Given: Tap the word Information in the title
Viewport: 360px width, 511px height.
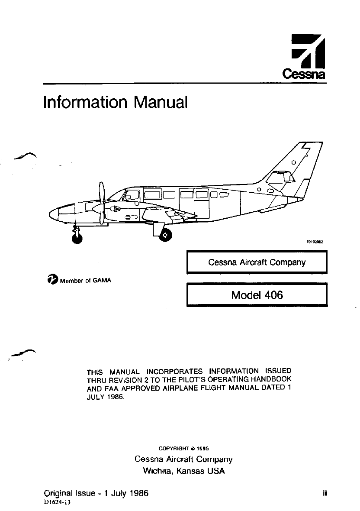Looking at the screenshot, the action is pyautogui.click(x=85, y=103).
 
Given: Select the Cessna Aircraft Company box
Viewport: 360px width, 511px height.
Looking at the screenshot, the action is pyautogui.click(x=256, y=262).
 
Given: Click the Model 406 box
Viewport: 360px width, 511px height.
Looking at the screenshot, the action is pyautogui.click(x=256, y=295).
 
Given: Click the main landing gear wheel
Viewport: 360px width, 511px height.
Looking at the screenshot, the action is pyautogui.click(x=165, y=235).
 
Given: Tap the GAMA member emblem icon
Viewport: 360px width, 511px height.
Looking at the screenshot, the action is pyautogui.click(x=53, y=279).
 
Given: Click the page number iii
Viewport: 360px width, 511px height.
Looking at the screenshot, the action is pyautogui.click(x=324, y=493).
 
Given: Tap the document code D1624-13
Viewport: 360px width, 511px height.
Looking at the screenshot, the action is pyautogui.click(x=57, y=503).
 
